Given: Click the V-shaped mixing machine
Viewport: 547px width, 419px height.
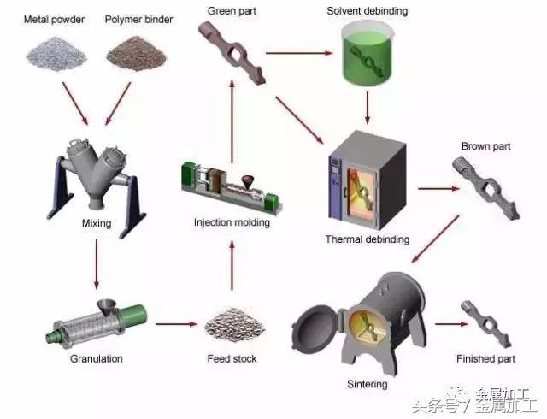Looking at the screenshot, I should tap(97, 172).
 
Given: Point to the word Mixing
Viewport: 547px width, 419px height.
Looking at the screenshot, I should tap(96, 223).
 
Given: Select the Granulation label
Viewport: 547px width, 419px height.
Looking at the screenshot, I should tap(96, 358).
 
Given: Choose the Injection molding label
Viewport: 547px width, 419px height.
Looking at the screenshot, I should tap(232, 223).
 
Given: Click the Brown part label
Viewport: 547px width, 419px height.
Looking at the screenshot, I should tap(485, 146).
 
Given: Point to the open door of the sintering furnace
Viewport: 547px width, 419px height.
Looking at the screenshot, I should tap(316, 328).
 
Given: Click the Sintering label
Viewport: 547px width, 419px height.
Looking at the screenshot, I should tap(368, 384).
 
